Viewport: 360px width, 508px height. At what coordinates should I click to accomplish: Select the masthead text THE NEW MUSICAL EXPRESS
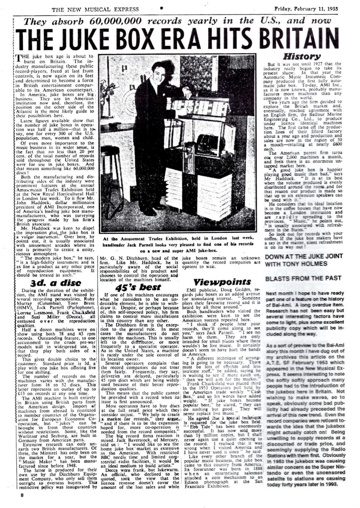pos(95,9)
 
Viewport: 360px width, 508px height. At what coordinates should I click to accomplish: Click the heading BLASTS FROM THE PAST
pos(298,279)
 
